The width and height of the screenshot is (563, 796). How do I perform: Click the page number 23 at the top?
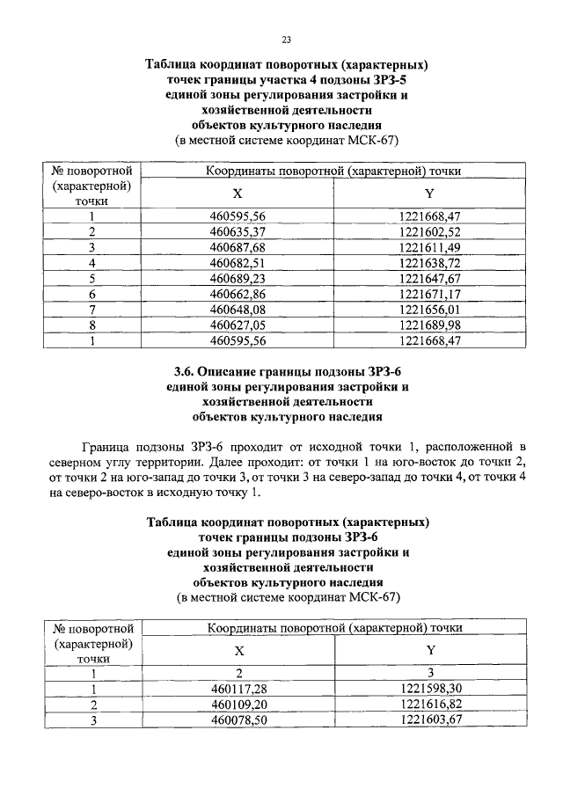tap(286, 40)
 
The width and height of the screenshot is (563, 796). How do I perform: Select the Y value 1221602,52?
tap(430, 231)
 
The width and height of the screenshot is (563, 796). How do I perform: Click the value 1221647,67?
tap(430, 278)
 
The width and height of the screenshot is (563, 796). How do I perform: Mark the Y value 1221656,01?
tap(430, 309)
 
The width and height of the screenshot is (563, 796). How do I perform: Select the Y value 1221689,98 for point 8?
tap(430, 325)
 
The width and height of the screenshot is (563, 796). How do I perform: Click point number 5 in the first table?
tap(91, 278)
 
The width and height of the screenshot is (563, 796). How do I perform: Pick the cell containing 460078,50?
tap(239, 720)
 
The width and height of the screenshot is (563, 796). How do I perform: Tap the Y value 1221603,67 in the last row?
tap(431, 720)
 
